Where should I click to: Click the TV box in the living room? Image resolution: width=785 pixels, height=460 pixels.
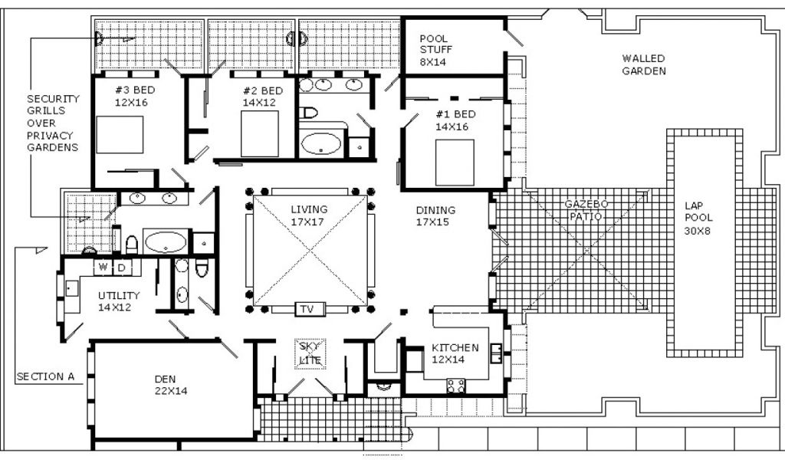click(x=307, y=309)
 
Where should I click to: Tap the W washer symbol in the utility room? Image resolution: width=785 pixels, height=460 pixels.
click(x=103, y=268)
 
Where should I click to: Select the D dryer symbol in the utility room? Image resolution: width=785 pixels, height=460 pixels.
click(x=122, y=268)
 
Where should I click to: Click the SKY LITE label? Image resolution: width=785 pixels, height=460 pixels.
click(x=310, y=353)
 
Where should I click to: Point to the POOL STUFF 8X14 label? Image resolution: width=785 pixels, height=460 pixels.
click(x=435, y=50)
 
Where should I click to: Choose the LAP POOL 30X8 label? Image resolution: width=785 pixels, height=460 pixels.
click(x=698, y=219)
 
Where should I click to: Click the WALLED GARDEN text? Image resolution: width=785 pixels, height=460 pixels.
click(x=644, y=65)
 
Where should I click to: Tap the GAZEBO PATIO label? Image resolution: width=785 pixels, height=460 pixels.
click(x=586, y=210)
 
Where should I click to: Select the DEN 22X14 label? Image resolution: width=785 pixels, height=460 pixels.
click(x=171, y=385)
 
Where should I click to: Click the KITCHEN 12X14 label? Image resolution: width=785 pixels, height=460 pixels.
click(x=455, y=353)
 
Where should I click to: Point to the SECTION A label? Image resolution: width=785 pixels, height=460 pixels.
click(x=45, y=376)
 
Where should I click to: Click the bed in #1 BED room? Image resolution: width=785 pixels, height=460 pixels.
click(x=455, y=163)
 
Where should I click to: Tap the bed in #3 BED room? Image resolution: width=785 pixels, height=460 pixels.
click(x=120, y=135)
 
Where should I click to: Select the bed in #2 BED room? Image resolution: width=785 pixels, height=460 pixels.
click(x=259, y=133)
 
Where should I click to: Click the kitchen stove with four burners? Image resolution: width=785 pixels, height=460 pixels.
click(x=456, y=386)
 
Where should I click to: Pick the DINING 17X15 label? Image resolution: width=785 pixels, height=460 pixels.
click(x=435, y=215)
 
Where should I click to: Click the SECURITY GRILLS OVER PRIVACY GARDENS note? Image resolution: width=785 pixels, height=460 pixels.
click(x=53, y=123)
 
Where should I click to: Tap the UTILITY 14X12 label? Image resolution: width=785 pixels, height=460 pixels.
click(x=119, y=301)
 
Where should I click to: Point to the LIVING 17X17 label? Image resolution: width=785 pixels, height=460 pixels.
click(x=310, y=215)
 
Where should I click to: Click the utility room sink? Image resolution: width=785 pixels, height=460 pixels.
click(x=71, y=288)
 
